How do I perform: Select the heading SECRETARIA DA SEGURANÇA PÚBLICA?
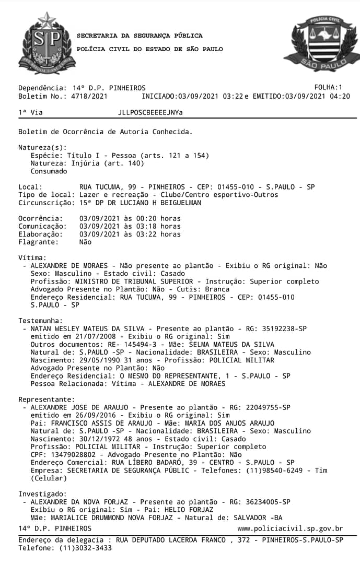click(140, 36)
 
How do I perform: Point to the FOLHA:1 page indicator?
click(328, 87)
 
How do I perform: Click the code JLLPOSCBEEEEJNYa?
click(150, 112)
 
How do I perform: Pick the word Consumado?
click(49, 171)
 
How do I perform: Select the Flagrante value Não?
click(85, 242)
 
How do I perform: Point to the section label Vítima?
click(32, 258)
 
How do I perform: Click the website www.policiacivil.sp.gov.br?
click(290, 529)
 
